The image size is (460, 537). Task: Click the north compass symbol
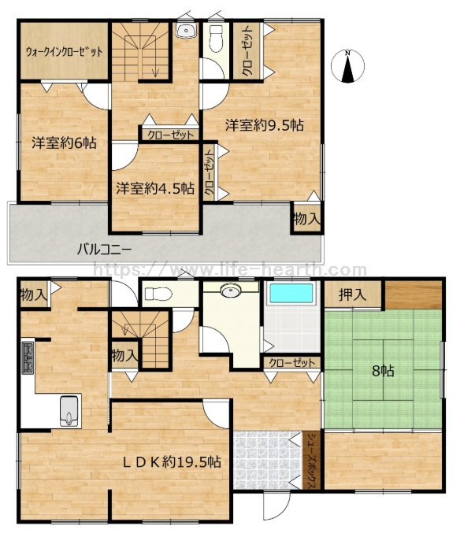[347, 67]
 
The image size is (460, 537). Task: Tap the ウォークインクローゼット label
[64, 53]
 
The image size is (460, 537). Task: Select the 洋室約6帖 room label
[64, 143]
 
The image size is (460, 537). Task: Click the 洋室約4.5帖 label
[155, 188]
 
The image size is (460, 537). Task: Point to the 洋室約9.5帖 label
[265, 125]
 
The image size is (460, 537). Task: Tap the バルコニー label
[104, 249]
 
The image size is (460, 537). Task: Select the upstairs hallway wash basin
[187, 31]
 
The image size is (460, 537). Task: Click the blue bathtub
[291, 294]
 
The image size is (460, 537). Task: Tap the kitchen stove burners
[28, 357]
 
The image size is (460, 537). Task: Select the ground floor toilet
[158, 294]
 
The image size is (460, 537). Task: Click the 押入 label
[352, 294]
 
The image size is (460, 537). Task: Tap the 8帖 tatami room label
[383, 371]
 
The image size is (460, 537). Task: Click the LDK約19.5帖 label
[172, 462]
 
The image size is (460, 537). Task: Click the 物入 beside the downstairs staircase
[124, 356]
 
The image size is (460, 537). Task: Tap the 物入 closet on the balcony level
[307, 218]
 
